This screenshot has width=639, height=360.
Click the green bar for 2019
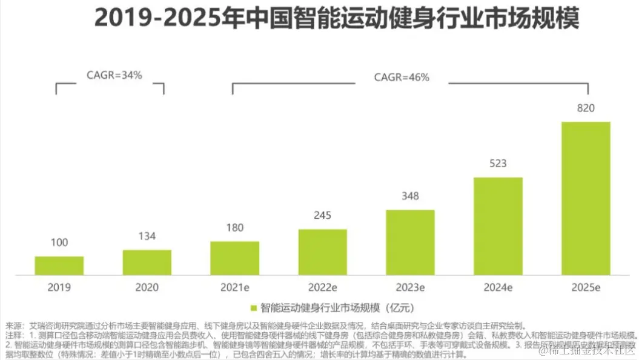[59, 265]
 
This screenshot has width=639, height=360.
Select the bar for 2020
[147, 262]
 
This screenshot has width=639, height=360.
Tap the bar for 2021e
[235, 258]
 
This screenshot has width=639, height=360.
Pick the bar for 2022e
[323, 252]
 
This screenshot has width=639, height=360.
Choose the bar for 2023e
[411, 242]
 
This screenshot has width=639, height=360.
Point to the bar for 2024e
[498, 226]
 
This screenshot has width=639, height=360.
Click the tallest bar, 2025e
[586, 198]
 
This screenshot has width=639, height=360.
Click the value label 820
[586, 109]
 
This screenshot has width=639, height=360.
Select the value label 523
[498, 164]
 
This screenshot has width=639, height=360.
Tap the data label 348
[410, 196]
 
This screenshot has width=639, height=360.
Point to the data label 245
[322, 216]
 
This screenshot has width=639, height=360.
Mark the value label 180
[235, 228]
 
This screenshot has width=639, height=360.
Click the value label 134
[147, 237]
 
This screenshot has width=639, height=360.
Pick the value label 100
[59, 243]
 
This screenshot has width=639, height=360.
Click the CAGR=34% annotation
[114, 76]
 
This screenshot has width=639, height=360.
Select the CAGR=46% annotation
[402, 77]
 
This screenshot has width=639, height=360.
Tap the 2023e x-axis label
[410, 287]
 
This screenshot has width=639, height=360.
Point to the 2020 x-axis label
[147, 287]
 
